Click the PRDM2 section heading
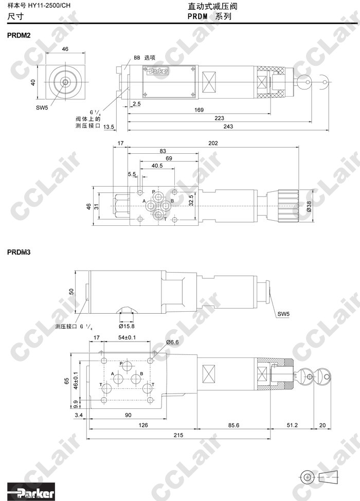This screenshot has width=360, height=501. (x=19, y=35)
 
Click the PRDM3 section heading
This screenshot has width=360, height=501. (x=19, y=253)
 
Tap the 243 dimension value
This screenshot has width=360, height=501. (x=228, y=127)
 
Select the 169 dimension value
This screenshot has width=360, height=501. (x=199, y=110)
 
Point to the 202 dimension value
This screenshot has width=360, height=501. (x=213, y=143)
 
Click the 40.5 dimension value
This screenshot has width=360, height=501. (x=157, y=166)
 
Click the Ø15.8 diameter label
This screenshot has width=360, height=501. (x=127, y=326)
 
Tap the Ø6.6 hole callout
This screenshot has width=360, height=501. (x=172, y=342)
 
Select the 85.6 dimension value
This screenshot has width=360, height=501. (x=233, y=425)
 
